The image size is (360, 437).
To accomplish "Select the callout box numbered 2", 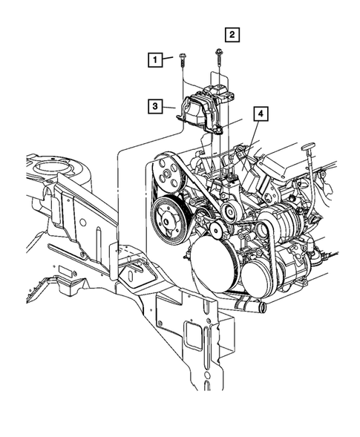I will [232, 33].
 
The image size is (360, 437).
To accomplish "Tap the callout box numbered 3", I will [155, 106].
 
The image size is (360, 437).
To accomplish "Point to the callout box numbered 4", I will [261, 114].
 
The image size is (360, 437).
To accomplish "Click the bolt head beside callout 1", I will [182, 54].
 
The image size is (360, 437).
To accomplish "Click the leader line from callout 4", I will [251, 134].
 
